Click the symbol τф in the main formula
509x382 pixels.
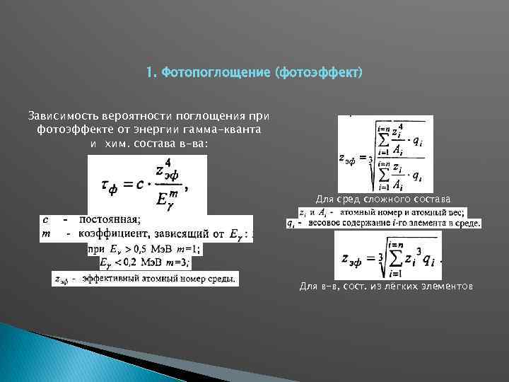coord(108,185)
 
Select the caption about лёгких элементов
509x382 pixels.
coord(385,286)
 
